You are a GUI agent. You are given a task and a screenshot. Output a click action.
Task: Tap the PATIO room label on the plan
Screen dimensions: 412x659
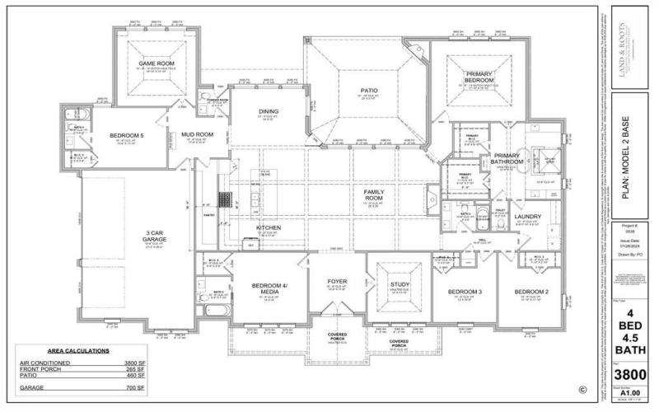point(367,91)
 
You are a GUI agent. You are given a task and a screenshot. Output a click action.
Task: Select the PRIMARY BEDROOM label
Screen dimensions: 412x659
point(479,77)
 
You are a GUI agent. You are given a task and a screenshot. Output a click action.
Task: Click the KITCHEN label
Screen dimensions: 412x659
point(269,227)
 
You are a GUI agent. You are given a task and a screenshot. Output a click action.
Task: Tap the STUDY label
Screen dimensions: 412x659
point(400,284)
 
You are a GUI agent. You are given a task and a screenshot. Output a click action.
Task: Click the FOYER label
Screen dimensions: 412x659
point(337,282)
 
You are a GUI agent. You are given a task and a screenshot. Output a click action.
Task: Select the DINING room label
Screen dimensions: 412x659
point(269,111)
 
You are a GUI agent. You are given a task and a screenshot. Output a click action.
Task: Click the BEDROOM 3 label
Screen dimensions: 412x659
point(465,292)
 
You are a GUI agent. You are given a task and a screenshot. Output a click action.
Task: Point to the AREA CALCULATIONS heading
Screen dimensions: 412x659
point(79,351)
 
